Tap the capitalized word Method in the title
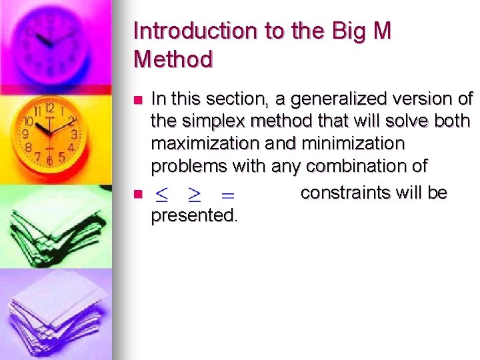click(173, 59)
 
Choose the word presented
click(194, 216)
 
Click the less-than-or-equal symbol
click(161, 195)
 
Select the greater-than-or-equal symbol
click(194, 195)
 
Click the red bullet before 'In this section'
click(138, 100)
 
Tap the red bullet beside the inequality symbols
click(138, 195)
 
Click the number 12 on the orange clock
click(50, 107)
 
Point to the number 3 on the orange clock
click(74, 135)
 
